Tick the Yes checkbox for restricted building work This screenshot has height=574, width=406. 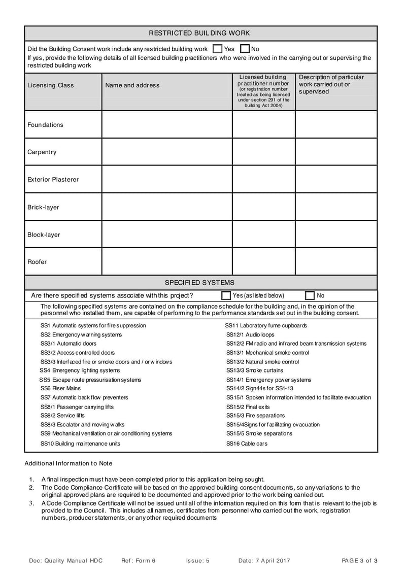[x=217, y=49]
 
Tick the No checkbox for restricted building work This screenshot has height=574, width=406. [x=245, y=49]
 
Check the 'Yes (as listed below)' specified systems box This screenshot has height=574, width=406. [x=226, y=295]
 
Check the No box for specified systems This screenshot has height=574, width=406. [x=310, y=295]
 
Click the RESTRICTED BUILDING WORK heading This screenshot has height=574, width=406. [x=199, y=33]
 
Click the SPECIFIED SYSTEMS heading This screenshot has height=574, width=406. [x=199, y=282]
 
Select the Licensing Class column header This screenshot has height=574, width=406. [x=50, y=85]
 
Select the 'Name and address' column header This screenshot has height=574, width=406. [x=132, y=85]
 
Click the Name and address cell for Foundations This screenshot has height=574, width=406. [x=167, y=124]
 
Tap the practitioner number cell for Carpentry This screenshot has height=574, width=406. [x=263, y=152]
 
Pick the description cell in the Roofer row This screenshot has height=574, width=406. [x=336, y=261]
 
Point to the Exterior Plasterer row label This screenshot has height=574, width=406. [x=53, y=179]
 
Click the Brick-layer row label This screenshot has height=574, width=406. [x=43, y=207]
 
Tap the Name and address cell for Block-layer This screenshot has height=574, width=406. [x=167, y=234]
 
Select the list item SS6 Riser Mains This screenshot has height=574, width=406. [x=60, y=388]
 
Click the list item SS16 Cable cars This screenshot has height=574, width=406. [x=247, y=444]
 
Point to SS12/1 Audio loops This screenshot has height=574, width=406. [x=250, y=334]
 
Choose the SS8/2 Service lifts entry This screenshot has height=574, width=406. [x=62, y=415]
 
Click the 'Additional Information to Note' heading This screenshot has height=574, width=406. [x=69, y=463]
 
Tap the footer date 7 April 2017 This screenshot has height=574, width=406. [x=264, y=560]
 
